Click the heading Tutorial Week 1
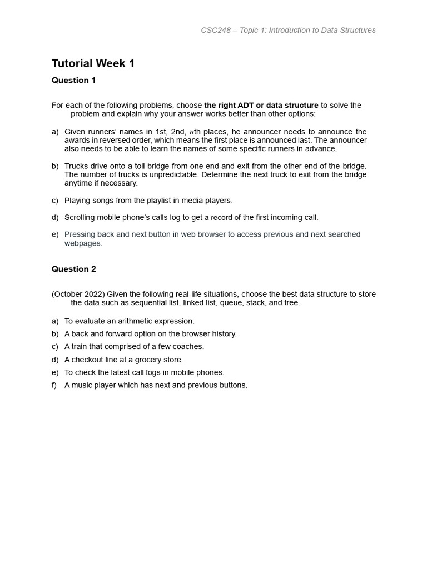pyautogui.click(x=93, y=63)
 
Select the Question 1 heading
pyautogui.click(x=73, y=80)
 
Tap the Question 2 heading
pyautogui.click(x=73, y=269)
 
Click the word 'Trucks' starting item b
pyautogui.click(x=76, y=166)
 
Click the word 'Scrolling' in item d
pyautogui.click(x=81, y=217)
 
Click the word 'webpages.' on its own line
pyautogui.click(x=83, y=243)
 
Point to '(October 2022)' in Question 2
pyautogui.click(x=78, y=294)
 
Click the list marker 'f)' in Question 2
pyautogui.click(x=54, y=385)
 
